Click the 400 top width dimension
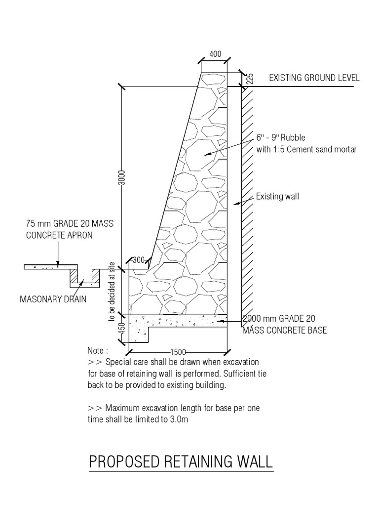215,54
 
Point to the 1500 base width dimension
178,352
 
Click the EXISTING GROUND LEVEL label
314,78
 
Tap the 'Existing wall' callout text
278,197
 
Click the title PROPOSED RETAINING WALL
181,462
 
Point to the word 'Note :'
98,350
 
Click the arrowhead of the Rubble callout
207,154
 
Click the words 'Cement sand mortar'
324,149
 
